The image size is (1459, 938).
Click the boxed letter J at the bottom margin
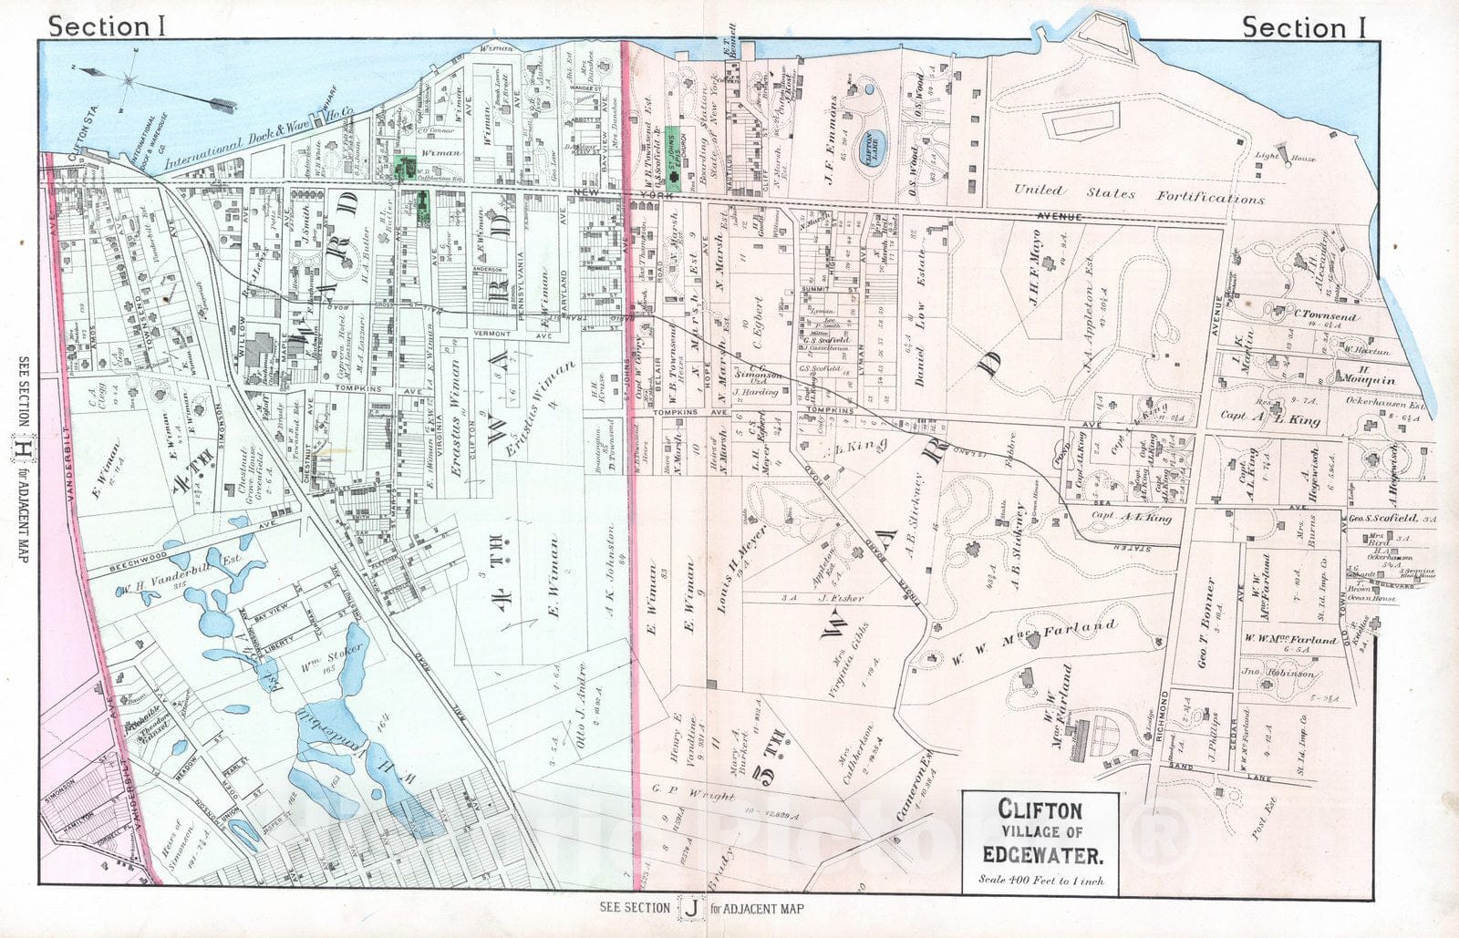[693, 908]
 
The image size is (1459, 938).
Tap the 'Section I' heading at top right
[1304, 27]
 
